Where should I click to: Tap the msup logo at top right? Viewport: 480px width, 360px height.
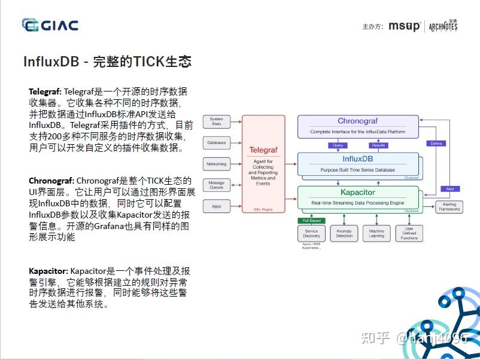(404, 26)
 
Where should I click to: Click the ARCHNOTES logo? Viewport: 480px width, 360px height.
(443, 26)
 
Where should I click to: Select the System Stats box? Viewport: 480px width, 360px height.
(216, 121)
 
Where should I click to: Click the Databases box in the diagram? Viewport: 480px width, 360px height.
(216, 143)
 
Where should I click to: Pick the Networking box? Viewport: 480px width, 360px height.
(216, 164)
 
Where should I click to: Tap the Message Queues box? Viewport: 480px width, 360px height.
(216, 185)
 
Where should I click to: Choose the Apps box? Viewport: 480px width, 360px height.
(216, 206)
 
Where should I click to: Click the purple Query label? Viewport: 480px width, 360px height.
(337, 145)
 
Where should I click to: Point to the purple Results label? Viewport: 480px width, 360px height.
(378, 145)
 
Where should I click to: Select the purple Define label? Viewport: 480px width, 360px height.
(436, 144)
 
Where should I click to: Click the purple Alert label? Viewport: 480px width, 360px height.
(450, 189)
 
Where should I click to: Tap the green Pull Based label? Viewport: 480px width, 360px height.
(311, 221)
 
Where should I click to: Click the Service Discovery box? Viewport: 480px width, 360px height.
(311, 233)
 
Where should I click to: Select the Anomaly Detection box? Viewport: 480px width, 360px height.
(344, 233)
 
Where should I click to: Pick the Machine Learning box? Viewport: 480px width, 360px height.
(376, 233)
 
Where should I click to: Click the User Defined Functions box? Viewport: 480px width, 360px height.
(409, 233)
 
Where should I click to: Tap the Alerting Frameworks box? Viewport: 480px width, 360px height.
(449, 207)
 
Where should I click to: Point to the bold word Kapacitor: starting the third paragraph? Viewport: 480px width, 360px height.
(48, 271)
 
